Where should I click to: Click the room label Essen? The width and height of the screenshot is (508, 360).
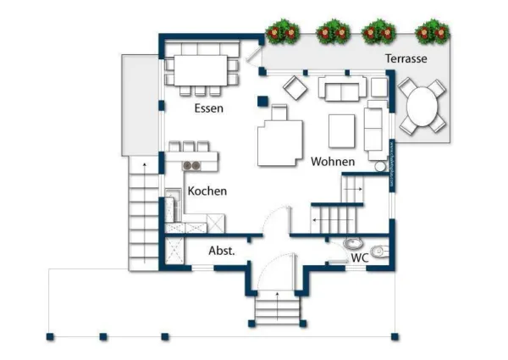(x=208, y=108)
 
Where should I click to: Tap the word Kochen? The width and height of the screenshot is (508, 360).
(x=207, y=191)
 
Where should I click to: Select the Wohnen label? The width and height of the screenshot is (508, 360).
(x=333, y=161)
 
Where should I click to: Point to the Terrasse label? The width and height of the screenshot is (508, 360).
(x=406, y=59)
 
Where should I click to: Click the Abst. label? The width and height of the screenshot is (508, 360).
(x=221, y=252)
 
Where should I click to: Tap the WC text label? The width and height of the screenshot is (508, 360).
(x=359, y=257)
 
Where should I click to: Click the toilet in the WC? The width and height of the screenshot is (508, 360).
(x=379, y=249)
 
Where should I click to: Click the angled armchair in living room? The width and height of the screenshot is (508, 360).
(x=295, y=87)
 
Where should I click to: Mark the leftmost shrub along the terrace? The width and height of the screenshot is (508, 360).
(x=282, y=33)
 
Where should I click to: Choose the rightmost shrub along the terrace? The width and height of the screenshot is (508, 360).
(x=433, y=33)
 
